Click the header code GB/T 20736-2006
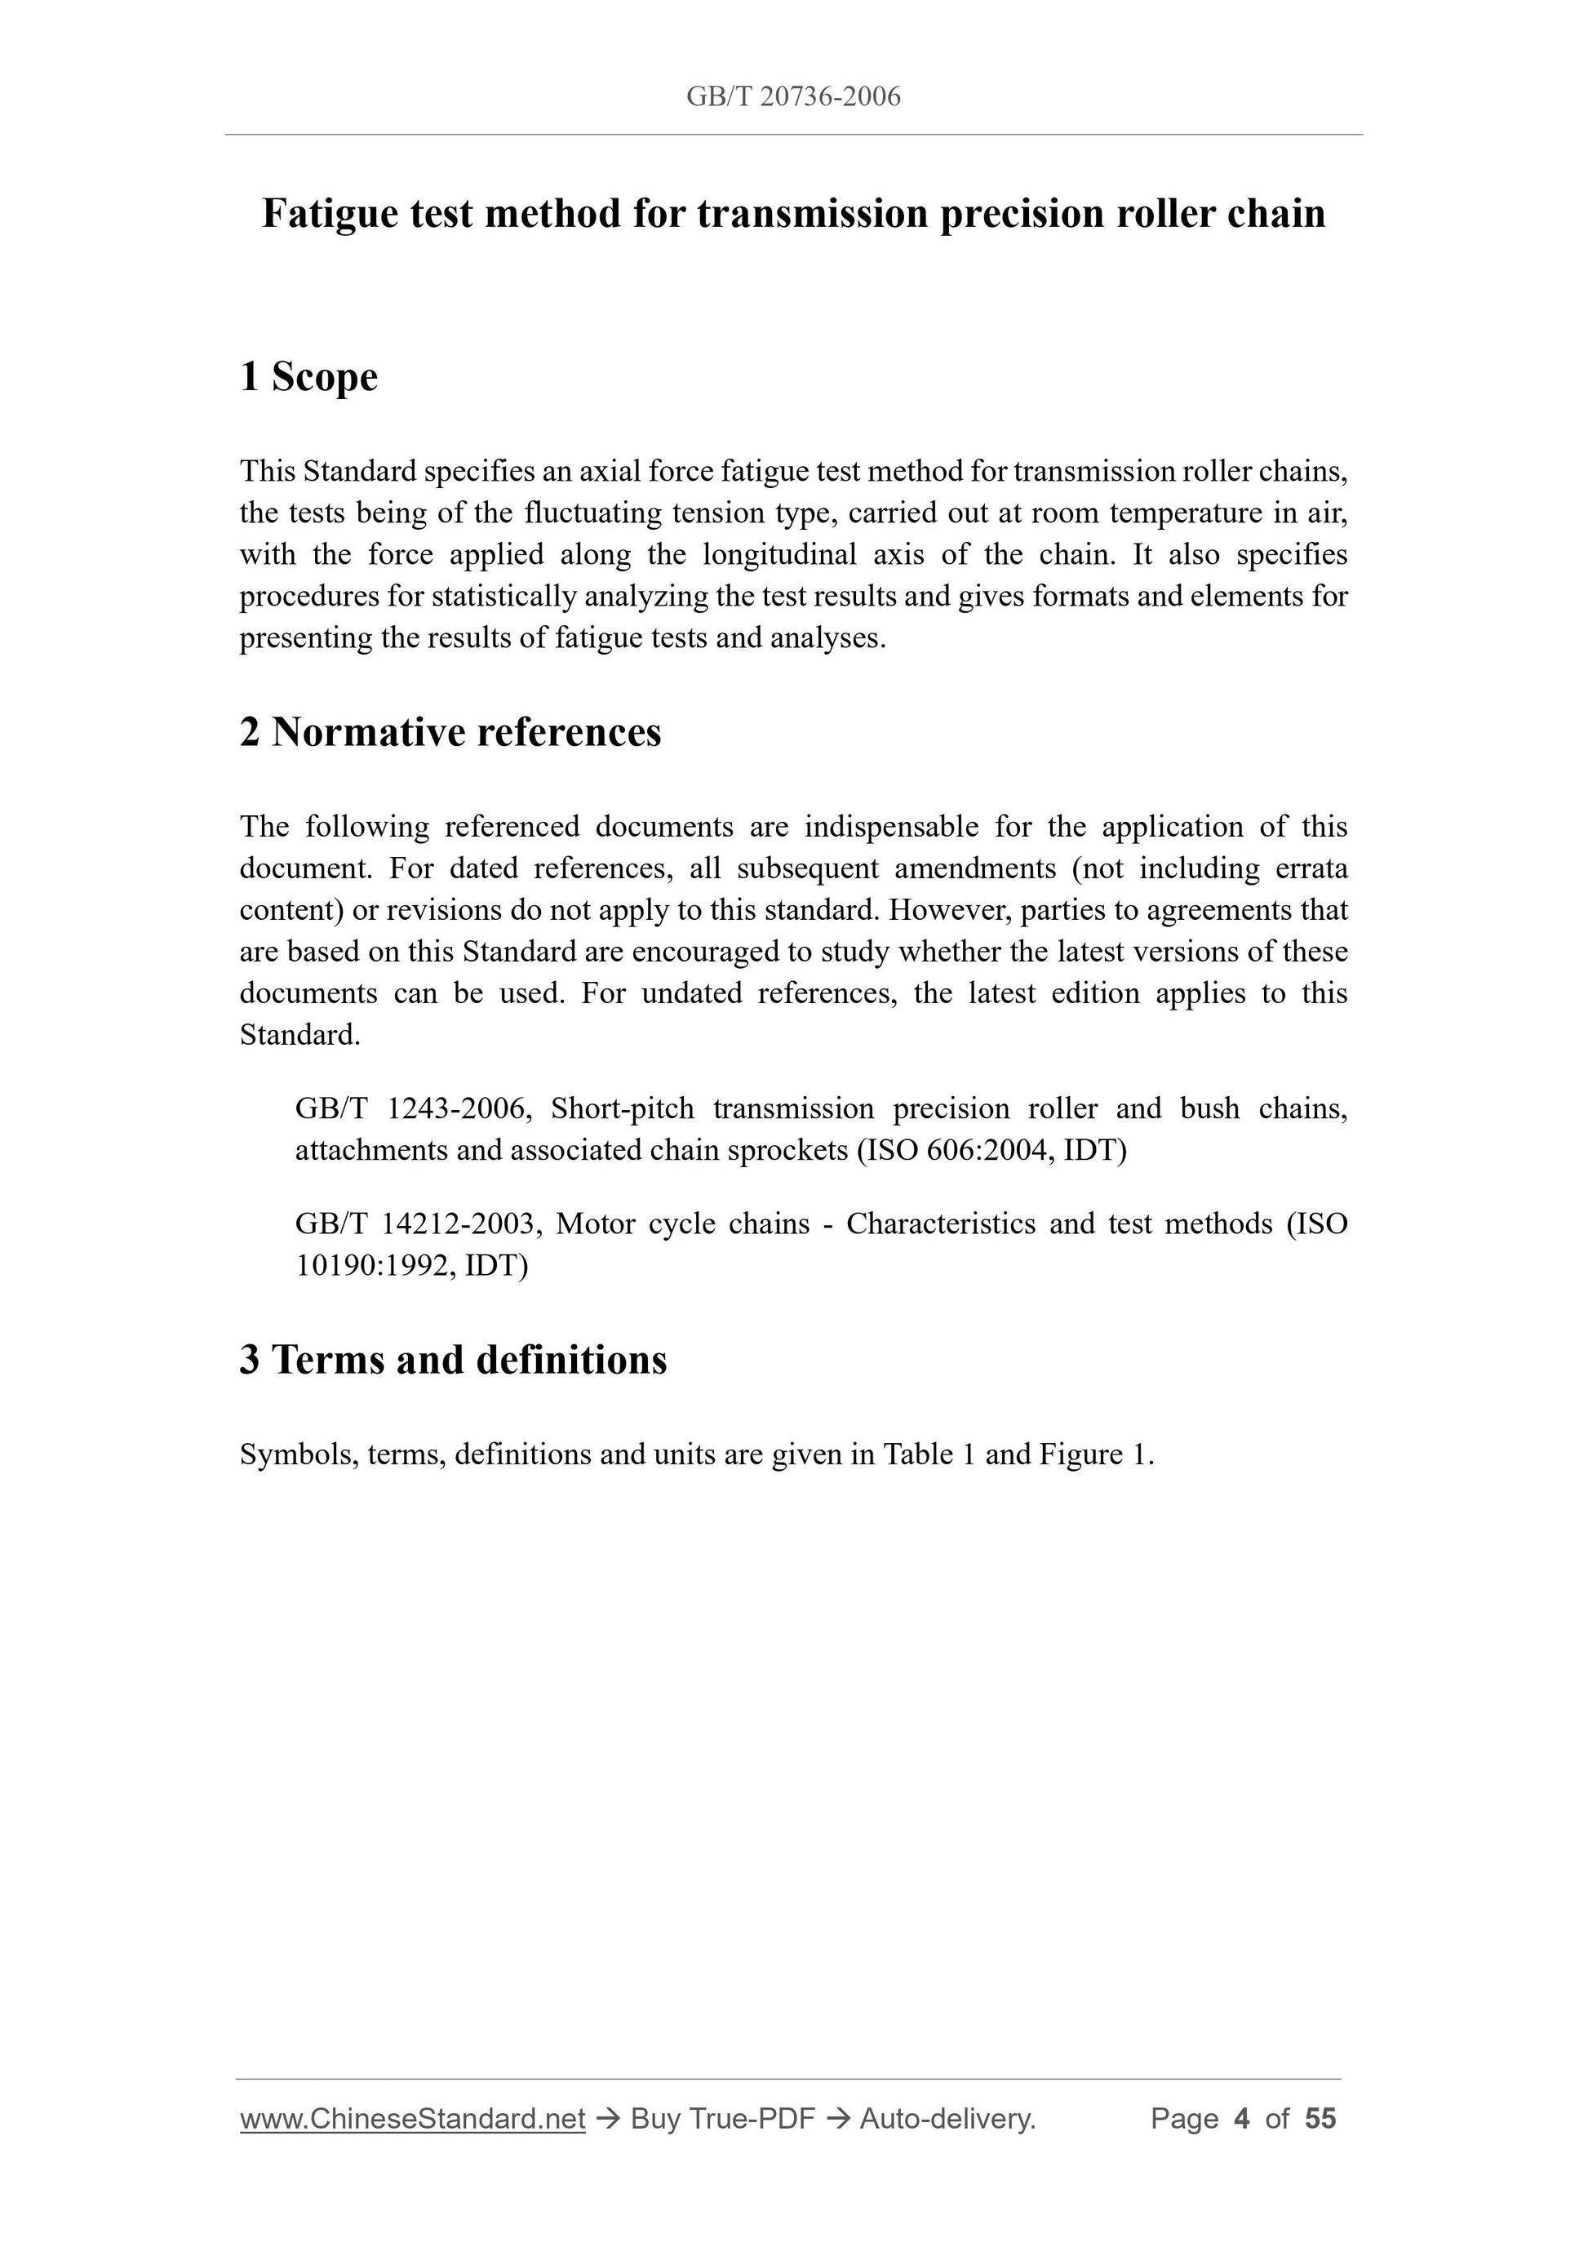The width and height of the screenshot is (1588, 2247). pos(792,96)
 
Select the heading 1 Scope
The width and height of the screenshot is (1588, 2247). pos(308,377)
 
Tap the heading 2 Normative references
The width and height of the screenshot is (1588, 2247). pos(450,732)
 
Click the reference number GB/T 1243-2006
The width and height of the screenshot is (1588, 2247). pos(412,1109)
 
